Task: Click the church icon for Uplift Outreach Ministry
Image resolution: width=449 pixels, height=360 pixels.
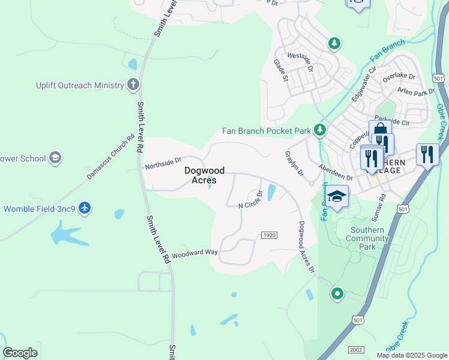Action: [133, 85]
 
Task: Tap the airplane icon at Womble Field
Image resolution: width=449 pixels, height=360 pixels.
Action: [85, 208]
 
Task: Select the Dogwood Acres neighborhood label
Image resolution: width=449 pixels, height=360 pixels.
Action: [200, 175]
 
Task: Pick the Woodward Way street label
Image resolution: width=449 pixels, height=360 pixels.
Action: [194, 253]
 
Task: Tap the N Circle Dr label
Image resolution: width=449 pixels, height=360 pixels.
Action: [251, 200]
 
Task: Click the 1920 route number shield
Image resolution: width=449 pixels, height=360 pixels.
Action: [270, 235]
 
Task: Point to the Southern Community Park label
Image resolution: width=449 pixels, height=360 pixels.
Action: [367, 238]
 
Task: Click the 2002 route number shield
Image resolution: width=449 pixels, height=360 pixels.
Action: [355, 349]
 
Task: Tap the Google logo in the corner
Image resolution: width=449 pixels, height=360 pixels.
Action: [20, 353]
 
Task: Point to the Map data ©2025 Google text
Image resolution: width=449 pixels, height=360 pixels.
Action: [411, 355]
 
